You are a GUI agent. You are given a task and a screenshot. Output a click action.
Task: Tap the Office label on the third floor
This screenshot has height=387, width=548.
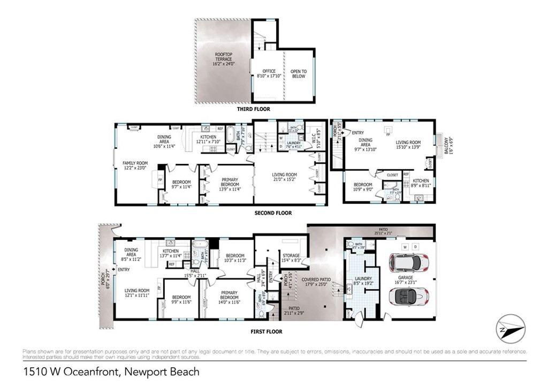pos(269,73)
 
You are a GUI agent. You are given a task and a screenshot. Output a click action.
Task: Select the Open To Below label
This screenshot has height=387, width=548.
pos(299,73)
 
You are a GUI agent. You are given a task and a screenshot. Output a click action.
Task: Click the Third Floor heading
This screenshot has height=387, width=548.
pos(254,109)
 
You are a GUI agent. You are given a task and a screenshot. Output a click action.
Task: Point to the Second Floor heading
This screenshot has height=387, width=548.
pos(273,213)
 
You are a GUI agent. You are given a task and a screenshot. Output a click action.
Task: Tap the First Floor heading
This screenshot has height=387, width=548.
pos(266,331)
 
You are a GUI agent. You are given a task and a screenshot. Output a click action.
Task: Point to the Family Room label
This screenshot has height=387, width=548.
pos(135,165)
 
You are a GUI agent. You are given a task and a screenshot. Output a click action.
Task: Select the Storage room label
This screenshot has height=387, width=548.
pos(291,258)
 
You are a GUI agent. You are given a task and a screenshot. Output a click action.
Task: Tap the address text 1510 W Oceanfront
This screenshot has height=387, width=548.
pos(111,371)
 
